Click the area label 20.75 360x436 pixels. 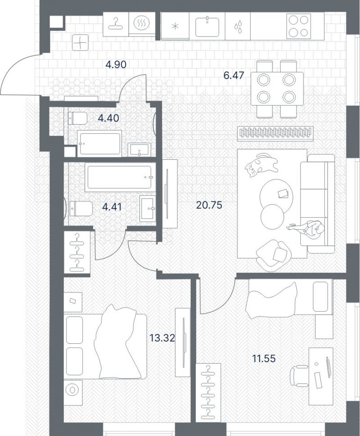(209, 205)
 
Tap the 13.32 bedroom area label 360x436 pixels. (162, 338)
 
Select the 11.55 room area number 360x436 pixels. (264, 359)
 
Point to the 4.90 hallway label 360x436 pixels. (116, 64)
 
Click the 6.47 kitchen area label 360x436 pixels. (234, 75)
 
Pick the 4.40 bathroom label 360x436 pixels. (108, 118)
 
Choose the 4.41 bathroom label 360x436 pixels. (112, 207)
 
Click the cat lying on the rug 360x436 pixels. (261, 165)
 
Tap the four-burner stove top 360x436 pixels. (298, 27)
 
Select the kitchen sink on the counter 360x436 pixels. (207, 27)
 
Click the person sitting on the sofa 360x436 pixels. (306, 228)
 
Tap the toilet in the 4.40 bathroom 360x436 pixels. (77, 118)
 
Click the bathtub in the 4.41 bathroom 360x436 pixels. (120, 177)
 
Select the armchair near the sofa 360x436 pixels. (274, 255)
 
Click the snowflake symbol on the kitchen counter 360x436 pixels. (175, 27)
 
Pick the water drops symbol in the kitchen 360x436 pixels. (238, 27)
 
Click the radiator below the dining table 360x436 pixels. (275, 132)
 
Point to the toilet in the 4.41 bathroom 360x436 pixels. (81, 208)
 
